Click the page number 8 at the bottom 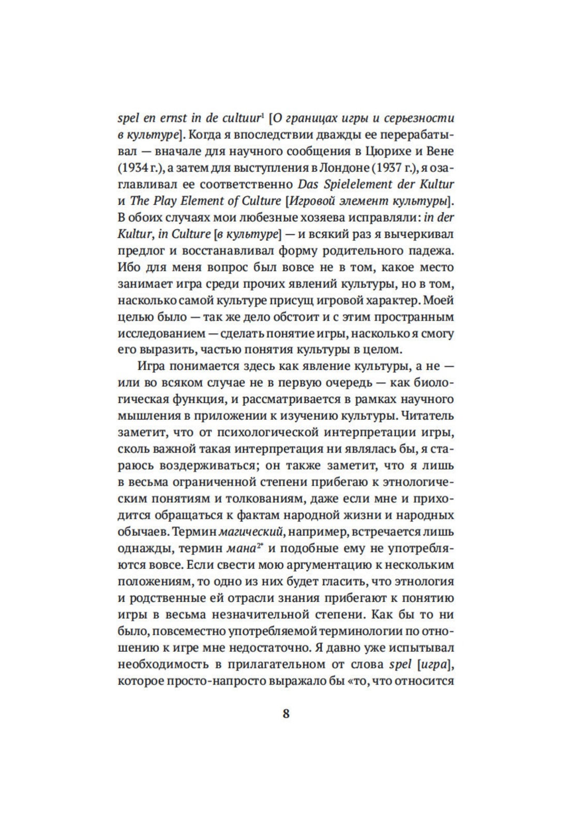[286, 714]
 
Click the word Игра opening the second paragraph [152, 366]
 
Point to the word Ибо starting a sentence [129, 267]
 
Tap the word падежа [430, 251]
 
